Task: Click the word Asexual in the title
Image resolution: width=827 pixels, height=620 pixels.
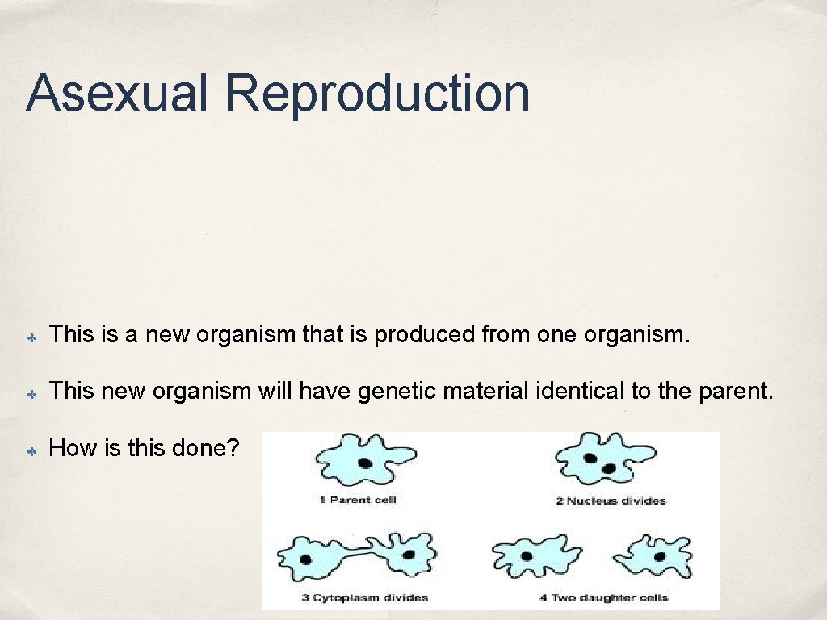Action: (118, 93)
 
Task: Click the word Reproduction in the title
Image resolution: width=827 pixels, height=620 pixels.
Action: (377, 93)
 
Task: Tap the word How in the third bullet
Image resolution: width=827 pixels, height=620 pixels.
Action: (73, 448)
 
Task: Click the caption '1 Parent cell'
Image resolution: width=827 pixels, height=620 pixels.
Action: (358, 501)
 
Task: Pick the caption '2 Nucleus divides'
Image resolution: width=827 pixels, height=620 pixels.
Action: (611, 501)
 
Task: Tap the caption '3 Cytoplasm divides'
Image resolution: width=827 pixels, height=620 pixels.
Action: (364, 598)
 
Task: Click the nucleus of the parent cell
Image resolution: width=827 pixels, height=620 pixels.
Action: (365, 463)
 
